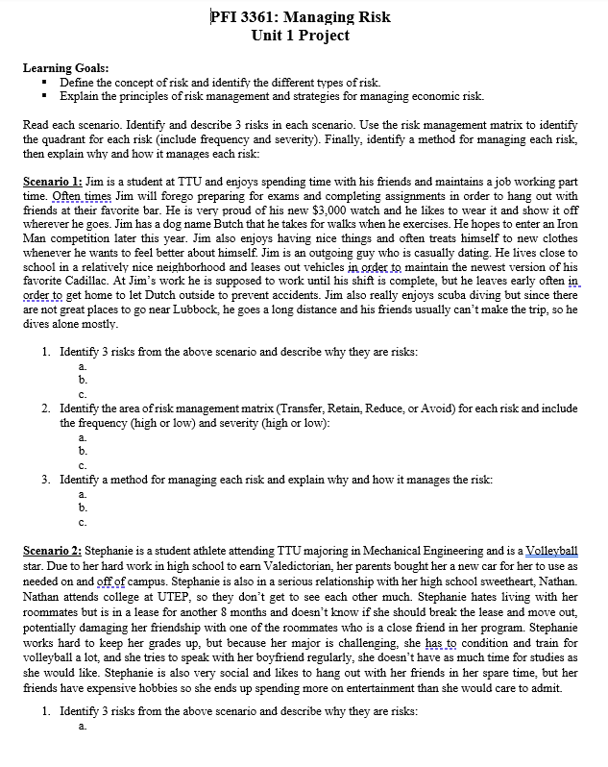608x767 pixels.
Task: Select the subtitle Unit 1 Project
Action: (x=299, y=36)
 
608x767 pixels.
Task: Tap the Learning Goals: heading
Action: (x=65, y=68)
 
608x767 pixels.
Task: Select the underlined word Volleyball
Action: (x=549, y=551)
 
